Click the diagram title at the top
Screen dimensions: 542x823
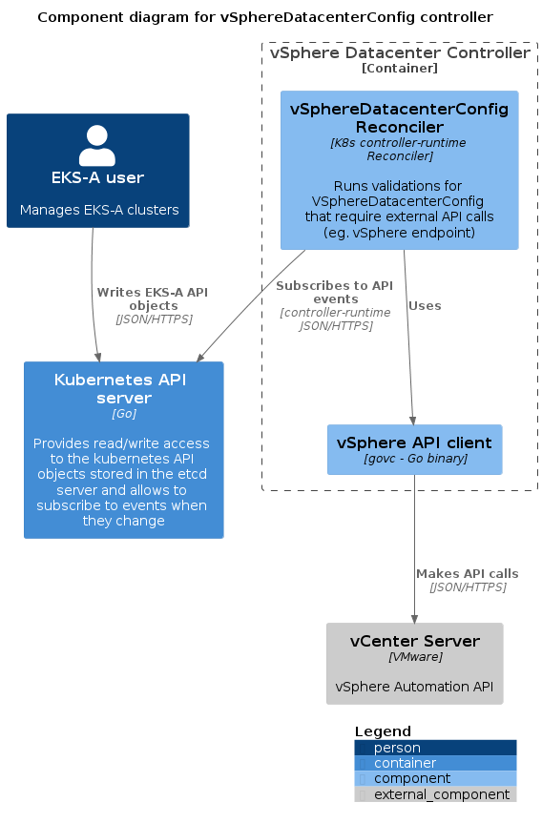pyautogui.click(x=265, y=17)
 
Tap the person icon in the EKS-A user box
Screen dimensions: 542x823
pyautogui.click(x=97, y=145)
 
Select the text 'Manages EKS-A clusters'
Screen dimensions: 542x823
pyautogui.click(x=99, y=210)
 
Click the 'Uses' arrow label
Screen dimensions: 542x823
pyautogui.click(x=425, y=306)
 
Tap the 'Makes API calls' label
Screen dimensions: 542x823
pyautogui.click(x=468, y=574)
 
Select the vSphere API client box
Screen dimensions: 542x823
pyautogui.click(x=414, y=449)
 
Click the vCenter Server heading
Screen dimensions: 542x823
pyautogui.click(x=415, y=641)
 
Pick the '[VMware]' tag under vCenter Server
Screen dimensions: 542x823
pyautogui.click(x=415, y=657)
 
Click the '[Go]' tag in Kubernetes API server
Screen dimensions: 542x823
pyautogui.click(x=124, y=414)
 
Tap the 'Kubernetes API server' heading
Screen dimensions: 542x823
pyautogui.click(x=121, y=388)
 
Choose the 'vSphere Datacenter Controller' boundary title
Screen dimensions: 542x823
pyautogui.click(x=400, y=53)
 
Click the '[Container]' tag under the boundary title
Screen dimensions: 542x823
pyautogui.click(x=400, y=69)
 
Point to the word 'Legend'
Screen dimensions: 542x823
pyautogui.click(x=383, y=731)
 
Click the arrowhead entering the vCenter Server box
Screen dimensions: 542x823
pyautogui.click(x=414, y=618)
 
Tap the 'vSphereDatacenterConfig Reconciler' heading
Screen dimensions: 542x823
pyautogui.click(x=399, y=118)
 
